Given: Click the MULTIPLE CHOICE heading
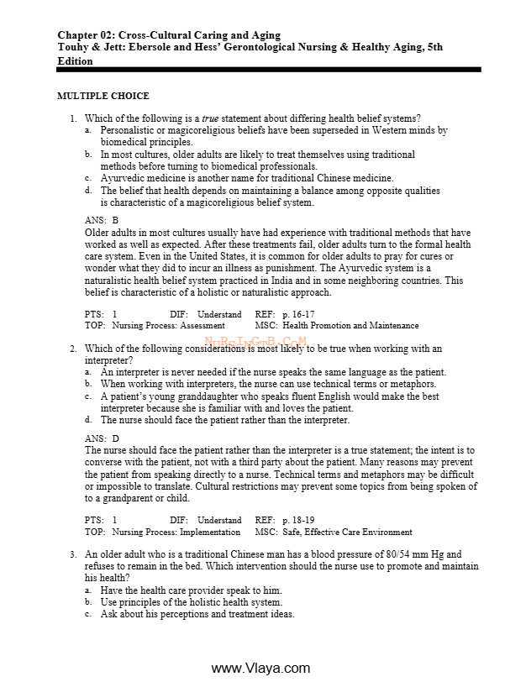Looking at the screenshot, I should click(x=103, y=97).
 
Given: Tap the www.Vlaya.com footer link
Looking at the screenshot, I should click(x=260, y=668).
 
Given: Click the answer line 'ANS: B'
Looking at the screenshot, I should click(x=102, y=220).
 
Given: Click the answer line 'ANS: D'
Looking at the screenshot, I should click(x=102, y=438).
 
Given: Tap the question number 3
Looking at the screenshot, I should click(x=74, y=554).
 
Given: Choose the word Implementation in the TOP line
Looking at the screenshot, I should click(x=210, y=532).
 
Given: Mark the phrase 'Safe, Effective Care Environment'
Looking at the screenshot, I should click(x=346, y=532).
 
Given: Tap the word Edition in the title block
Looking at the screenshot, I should click(x=75, y=60).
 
